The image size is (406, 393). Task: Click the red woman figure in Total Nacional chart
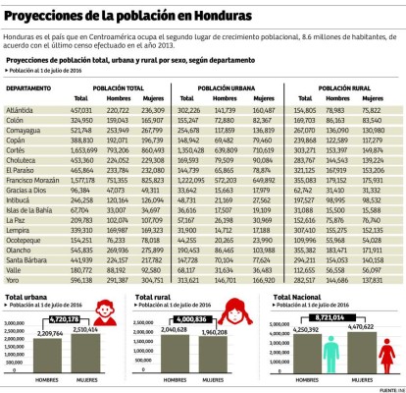391,351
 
